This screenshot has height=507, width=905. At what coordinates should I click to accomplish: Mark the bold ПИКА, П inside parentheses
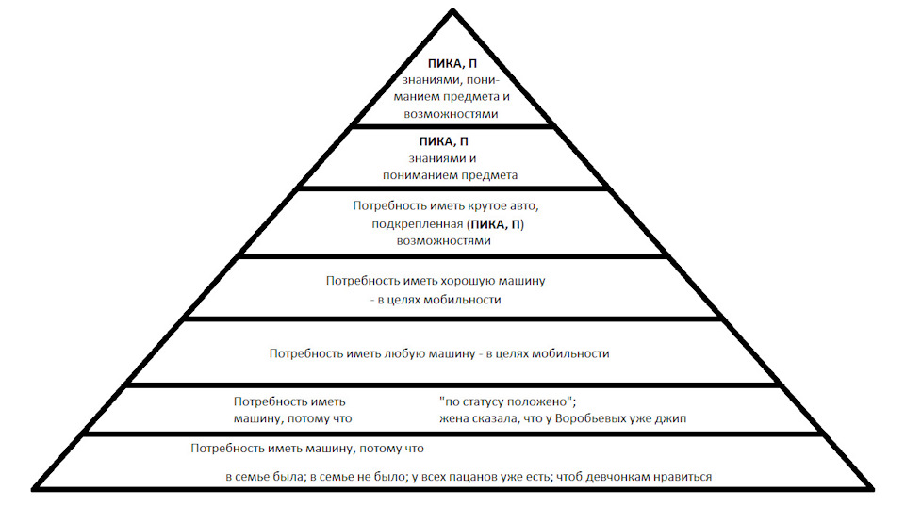click(x=496, y=224)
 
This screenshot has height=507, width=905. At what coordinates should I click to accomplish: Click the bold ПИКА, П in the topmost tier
click(x=452, y=64)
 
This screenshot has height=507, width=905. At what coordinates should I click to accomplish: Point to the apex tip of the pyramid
click(x=452, y=9)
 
